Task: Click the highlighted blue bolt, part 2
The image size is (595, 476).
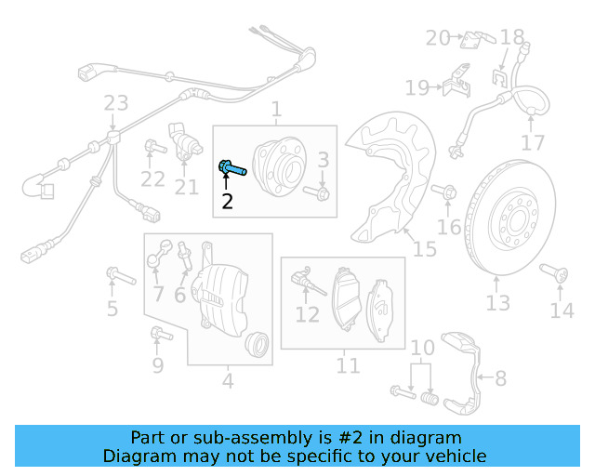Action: (231, 168)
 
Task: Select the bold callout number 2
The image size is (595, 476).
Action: (227, 200)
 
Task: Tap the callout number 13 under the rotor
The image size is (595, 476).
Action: (497, 303)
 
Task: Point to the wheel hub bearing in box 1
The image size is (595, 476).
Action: (278, 163)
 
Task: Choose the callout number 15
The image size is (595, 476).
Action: (424, 249)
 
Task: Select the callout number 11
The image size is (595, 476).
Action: (347, 365)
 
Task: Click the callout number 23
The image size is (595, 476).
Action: (115, 102)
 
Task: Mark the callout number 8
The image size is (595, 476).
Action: (500, 378)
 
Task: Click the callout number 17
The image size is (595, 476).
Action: (533, 143)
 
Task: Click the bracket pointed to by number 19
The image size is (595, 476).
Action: (455, 84)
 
